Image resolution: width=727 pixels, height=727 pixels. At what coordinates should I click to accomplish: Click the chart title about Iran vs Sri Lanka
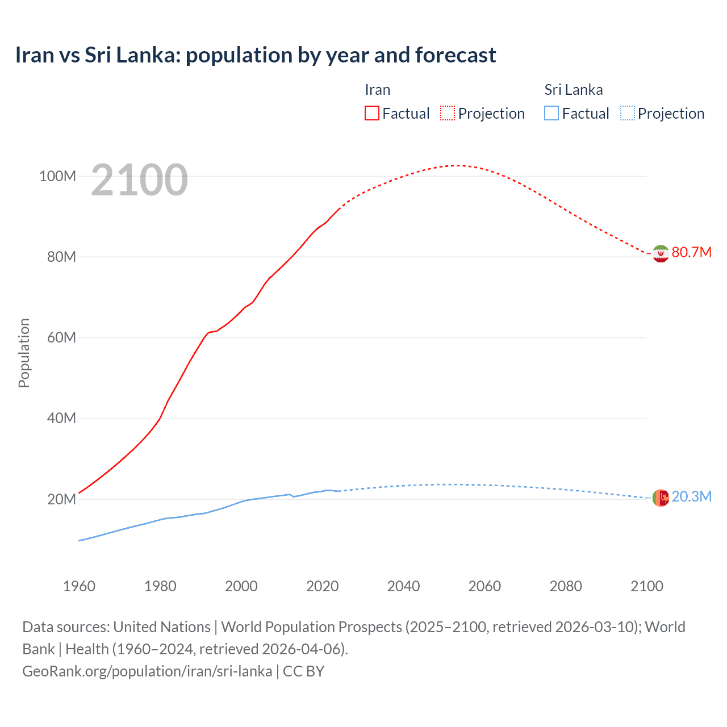pyautogui.click(x=256, y=55)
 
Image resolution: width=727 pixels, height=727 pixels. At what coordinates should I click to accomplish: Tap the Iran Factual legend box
pyautogui.click(x=371, y=113)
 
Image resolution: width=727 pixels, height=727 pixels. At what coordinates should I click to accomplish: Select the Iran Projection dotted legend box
pyautogui.click(x=448, y=113)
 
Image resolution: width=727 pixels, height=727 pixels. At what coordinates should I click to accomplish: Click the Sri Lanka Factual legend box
pyautogui.click(x=551, y=113)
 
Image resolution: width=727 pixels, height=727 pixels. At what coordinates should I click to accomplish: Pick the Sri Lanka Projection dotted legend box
pyautogui.click(x=628, y=113)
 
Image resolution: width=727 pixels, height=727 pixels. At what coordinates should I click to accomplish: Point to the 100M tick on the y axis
pyautogui.click(x=57, y=176)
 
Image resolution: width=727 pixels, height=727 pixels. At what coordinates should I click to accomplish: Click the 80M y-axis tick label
pyautogui.click(x=61, y=257)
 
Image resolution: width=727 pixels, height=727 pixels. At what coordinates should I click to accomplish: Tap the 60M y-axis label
pyautogui.click(x=61, y=337)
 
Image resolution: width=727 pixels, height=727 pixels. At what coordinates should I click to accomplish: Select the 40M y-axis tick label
pyautogui.click(x=61, y=419)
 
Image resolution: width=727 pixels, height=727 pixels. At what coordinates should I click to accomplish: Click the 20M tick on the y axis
pyautogui.click(x=61, y=499)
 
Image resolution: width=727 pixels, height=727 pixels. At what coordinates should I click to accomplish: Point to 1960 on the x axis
pyautogui.click(x=79, y=586)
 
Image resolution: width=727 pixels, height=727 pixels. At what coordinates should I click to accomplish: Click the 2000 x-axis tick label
pyautogui.click(x=241, y=586)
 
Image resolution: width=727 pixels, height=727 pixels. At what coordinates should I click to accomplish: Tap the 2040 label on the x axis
pyautogui.click(x=403, y=586)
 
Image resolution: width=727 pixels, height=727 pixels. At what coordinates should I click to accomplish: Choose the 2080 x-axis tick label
pyautogui.click(x=566, y=586)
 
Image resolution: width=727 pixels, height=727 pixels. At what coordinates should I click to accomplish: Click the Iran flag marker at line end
pyautogui.click(x=661, y=253)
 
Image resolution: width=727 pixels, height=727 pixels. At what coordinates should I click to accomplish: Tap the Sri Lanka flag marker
pyautogui.click(x=661, y=498)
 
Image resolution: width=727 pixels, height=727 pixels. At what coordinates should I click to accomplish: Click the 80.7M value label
pyautogui.click(x=691, y=252)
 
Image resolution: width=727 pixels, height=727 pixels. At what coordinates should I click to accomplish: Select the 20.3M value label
pyautogui.click(x=691, y=496)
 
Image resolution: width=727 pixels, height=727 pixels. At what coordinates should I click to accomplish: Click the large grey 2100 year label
pyautogui.click(x=139, y=180)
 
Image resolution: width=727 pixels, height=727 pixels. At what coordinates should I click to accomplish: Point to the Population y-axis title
pyautogui.click(x=24, y=353)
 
